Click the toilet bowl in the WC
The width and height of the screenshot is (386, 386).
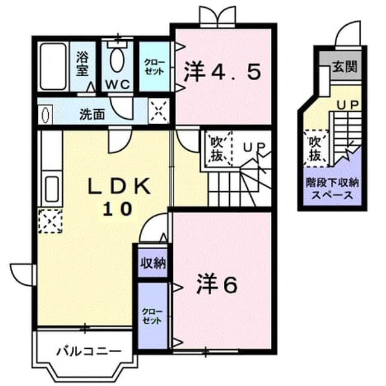[116, 60]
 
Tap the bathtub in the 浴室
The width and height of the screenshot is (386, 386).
[53, 67]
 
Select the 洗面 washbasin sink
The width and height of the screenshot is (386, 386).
[46, 115]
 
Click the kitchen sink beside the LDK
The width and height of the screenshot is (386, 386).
[52, 189]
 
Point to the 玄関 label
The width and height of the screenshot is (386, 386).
[345, 66]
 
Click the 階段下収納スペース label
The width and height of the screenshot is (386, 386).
[332, 189]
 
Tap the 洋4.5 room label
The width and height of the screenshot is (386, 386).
[223, 72]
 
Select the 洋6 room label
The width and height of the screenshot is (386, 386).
[217, 285]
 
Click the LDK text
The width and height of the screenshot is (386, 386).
[119, 186]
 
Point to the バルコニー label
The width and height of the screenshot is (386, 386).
[89, 352]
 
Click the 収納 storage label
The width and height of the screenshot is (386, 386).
[153, 263]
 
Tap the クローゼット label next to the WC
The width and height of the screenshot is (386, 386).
[154, 67]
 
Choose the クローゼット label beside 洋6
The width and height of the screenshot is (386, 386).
[152, 316]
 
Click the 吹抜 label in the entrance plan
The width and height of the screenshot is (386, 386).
[315, 148]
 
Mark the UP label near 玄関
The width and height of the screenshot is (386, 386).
[348, 106]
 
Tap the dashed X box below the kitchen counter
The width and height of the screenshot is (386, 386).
[50, 221]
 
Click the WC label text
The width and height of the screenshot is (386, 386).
[118, 84]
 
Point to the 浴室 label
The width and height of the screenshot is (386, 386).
[82, 63]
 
